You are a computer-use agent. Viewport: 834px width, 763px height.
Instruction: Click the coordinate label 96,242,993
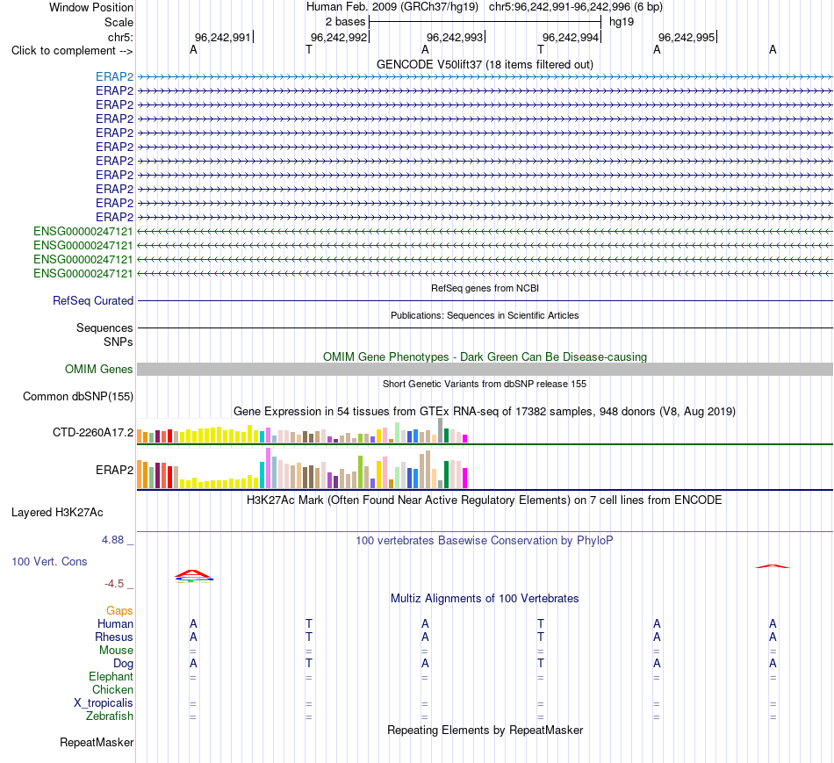click(455, 37)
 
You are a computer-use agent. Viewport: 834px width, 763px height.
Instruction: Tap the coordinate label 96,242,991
click(223, 37)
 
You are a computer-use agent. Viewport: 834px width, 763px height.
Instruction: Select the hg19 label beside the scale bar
click(622, 22)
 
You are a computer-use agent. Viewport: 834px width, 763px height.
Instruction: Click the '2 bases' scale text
click(346, 22)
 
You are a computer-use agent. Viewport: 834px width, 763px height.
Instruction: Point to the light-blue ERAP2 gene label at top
click(114, 76)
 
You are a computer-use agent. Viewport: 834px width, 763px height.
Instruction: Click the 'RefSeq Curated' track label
click(93, 300)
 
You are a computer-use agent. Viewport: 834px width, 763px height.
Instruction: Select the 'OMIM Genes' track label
click(99, 370)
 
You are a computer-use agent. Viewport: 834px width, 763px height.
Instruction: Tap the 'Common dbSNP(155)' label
click(78, 396)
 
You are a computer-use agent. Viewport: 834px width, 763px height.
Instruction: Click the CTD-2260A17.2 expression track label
click(93, 433)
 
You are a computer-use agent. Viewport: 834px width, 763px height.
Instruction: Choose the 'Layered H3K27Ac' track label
click(57, 513)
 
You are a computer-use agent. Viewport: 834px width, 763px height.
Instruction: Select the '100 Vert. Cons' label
click(49, 561)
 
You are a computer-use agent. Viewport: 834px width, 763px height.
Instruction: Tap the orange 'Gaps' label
click(119, 611)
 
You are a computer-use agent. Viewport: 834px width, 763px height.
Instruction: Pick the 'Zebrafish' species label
click(110, 716)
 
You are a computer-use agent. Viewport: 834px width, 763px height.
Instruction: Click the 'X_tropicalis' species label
click(104, 703)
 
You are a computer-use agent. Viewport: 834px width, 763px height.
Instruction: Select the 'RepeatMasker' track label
click(97, 742)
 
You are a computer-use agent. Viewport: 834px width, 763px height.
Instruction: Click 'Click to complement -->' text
click(72, 51)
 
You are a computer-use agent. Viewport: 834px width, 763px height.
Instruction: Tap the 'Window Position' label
click(91, 7)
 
